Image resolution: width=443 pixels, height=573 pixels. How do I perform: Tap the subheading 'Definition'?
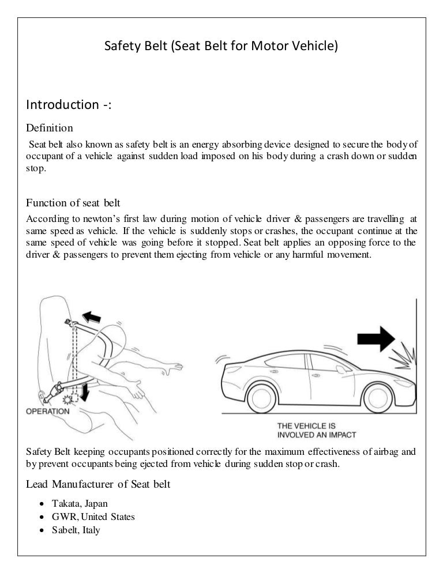(x=50, y=127)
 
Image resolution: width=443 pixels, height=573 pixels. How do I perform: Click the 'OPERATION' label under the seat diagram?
(x=47, y=411)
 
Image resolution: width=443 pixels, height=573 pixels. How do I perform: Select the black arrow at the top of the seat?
(x=91, y=315)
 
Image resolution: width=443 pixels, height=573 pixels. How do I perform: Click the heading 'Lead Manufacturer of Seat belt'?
(x=98, y=485)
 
